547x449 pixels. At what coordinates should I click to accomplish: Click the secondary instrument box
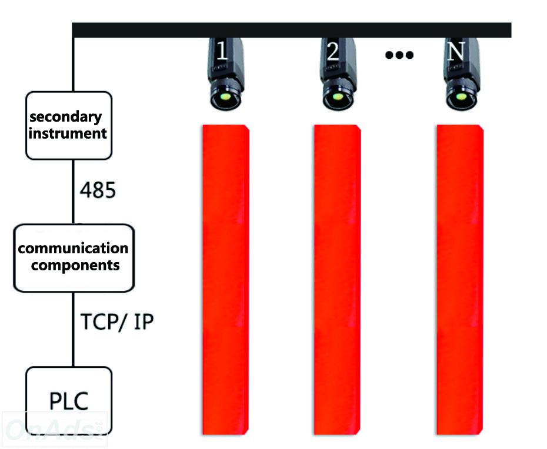click(69, 126)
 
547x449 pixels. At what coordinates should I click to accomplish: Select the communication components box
click(74, 258)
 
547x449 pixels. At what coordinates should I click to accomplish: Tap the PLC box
click(69, 401)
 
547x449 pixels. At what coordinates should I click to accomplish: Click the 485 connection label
click(98, 190)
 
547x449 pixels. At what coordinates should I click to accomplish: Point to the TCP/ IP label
click(117, 321)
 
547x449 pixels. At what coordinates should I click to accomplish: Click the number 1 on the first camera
click(222, 51)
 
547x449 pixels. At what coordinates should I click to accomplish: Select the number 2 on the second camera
click(332, 51)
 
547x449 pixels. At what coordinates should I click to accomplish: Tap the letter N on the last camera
click(456, 51)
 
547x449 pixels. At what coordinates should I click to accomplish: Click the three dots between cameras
click(399, 55)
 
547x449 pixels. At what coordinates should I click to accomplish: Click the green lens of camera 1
click(226, 96)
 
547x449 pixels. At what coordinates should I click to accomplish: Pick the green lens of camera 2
click(337, 96)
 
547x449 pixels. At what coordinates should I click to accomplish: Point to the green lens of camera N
click(461, 96)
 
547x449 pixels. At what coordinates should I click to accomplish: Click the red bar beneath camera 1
click(226, 280)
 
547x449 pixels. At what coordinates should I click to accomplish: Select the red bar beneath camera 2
click(338, 280)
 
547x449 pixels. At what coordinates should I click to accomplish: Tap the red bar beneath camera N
click(460, 280)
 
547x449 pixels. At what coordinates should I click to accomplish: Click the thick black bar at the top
click(292, 30)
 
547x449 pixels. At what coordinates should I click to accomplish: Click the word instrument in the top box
click(68, 133)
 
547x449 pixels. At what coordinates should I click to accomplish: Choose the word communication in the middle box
click(74, 248)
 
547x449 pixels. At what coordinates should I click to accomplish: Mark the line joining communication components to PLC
click(74, 330)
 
